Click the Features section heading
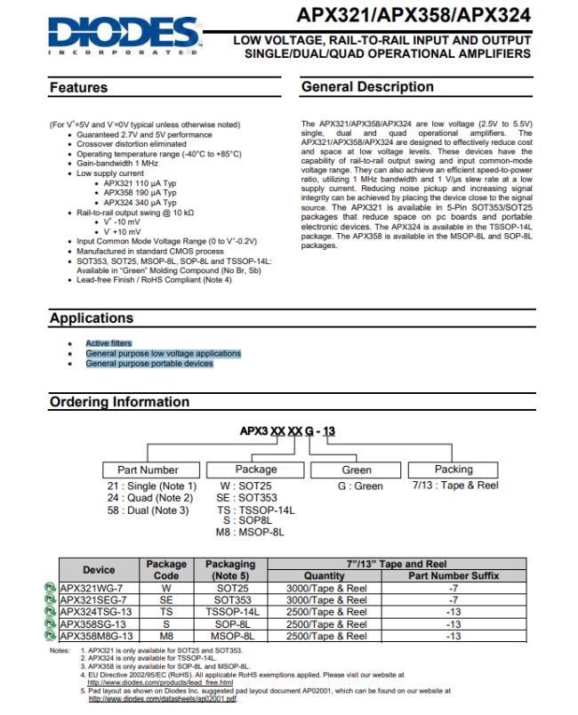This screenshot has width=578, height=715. [x=78, y=88]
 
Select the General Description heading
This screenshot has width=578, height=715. [x=367, y=87]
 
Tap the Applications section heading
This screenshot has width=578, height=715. [x=91, y=318]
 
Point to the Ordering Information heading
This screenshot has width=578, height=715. [x=119, y=402]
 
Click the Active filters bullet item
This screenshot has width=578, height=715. [x=108, y=343]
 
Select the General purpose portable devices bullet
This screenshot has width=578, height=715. [x=149, y=364]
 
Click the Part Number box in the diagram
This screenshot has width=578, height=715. [x=148, y=470]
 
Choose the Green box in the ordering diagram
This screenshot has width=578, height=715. [x=357, y=470]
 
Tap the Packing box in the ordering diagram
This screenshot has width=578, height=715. [x=454, y=470]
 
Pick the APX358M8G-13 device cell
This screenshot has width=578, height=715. [x=99, y=637]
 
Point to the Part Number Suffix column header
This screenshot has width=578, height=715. [x=454, y=576]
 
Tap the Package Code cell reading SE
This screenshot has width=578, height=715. [x=166, y=600]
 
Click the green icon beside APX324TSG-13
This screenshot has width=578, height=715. [x=52, y=613]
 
